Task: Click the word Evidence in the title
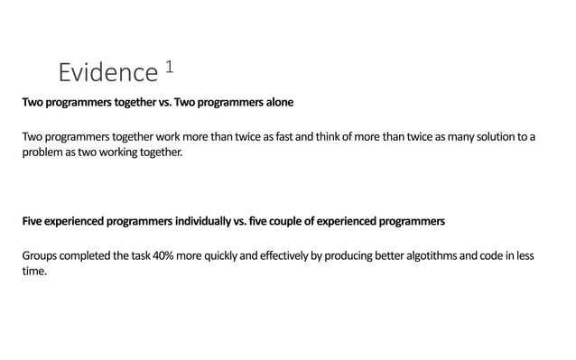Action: tap(107, 72)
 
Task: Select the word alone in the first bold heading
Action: tap(274, 103)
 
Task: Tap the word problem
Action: tap(43, 152)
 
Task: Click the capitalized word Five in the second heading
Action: tap(33, 221)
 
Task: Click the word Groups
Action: tap(41, 255)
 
